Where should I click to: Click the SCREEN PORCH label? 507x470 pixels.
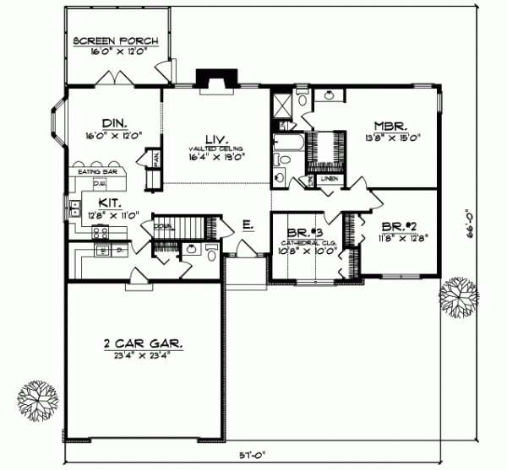(x=112, y=41)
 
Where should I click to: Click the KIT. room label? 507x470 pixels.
(x=107, y=203)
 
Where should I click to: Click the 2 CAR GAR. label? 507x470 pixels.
(x=141, y=344)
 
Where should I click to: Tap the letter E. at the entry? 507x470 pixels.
(x=248, y=224)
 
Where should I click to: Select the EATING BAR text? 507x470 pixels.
(x=97, y=172)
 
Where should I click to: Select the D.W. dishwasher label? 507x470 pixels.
(x=99, y=182)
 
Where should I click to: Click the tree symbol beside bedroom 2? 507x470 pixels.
(x=456, y=295)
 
